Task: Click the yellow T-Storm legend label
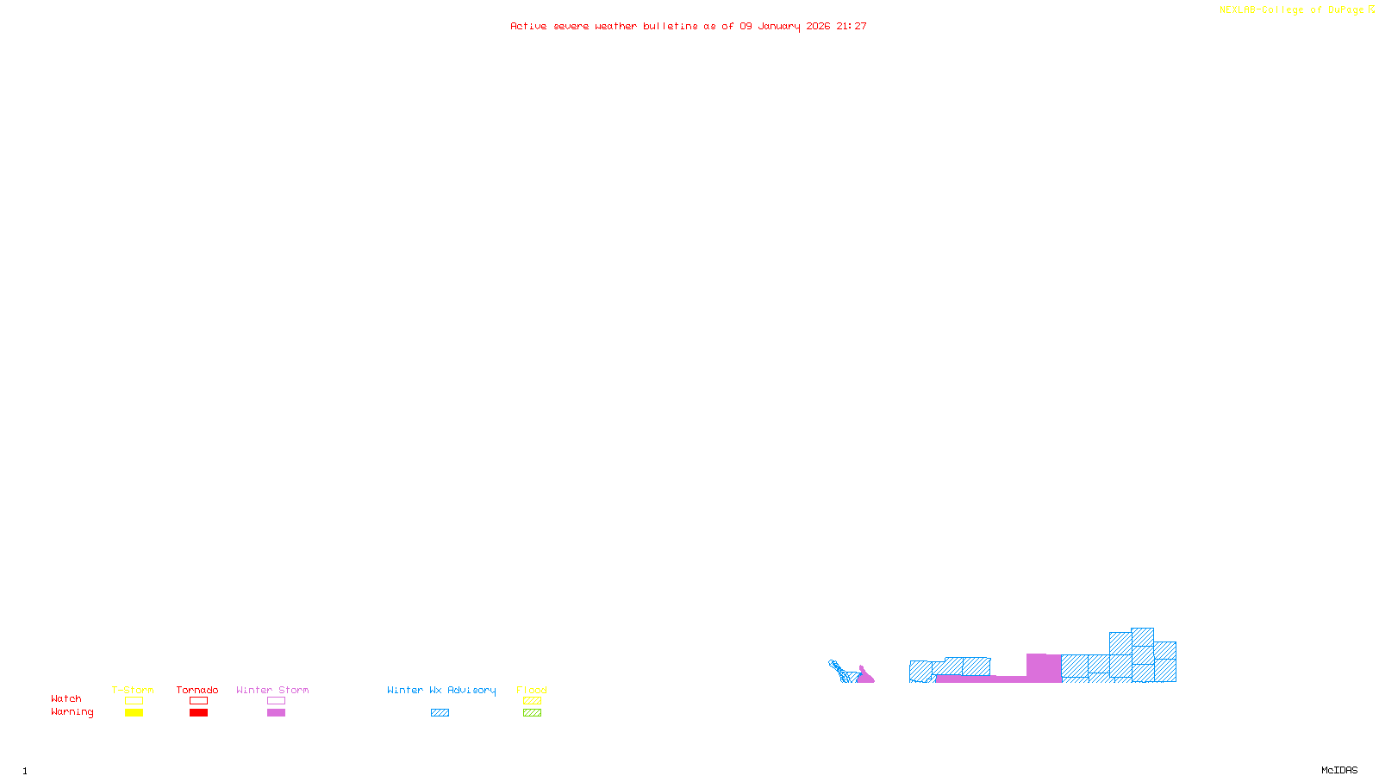tap(133, 690)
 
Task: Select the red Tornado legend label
tap(197, 690)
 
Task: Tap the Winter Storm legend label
tap(272, 690)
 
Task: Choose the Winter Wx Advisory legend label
tap(441, 690)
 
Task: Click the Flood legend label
tap(532, 690)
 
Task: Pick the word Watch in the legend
tap(66, 698)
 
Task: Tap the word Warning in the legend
tap(72, 712)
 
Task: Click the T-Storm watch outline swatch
tap(134, 701)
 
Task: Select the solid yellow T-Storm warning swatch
tap(134, 713)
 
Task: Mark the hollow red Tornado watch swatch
tap(198, 701)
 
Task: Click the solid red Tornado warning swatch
tap(198, 713)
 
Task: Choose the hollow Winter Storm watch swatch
tap(276, 701)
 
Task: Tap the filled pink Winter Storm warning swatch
tap(276, 713)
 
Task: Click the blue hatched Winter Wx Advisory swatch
tap(440, 713)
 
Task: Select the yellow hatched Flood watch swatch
tap(532, 701)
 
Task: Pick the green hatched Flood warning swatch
tap(532, 713)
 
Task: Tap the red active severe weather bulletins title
tap(689, 26)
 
